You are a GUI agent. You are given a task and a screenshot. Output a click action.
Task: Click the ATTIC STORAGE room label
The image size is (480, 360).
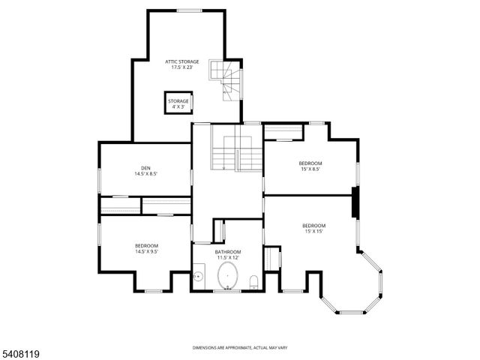[x=182, y=61]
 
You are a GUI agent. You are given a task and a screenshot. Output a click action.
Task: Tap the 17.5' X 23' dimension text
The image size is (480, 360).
[x=182, y=68]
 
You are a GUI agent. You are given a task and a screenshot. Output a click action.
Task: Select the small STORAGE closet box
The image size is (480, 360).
[x=178, y=103]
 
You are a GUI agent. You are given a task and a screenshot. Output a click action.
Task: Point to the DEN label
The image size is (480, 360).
[x=145, y=167]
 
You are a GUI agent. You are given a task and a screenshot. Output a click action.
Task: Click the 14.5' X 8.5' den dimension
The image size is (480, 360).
[x=145, y=174]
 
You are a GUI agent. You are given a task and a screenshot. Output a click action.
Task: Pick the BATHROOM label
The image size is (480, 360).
[x=228, y=251]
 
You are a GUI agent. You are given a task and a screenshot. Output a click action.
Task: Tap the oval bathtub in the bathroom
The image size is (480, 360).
[x=227, y=277]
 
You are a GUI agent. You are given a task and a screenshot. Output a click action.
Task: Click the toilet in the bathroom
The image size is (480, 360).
[x=254, y=281]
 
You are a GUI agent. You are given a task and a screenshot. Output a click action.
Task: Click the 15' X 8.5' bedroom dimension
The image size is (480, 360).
[x=310, y=169]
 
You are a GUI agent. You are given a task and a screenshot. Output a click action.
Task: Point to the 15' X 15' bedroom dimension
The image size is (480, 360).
[x=313, y=232]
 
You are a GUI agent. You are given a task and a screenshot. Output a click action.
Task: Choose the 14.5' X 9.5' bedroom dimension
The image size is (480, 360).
[x=146, y=252]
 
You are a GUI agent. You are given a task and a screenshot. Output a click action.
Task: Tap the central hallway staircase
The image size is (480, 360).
[x=235, y=148]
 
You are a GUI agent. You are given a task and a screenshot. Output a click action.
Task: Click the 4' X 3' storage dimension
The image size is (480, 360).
[x=178, y=107]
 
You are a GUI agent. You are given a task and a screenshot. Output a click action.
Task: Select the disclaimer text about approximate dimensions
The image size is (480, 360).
[x=240, y=347]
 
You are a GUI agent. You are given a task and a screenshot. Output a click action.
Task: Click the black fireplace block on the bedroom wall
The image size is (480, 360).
[x=355, y=203]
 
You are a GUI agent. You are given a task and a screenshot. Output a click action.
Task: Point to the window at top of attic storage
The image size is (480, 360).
[x=189, y=10]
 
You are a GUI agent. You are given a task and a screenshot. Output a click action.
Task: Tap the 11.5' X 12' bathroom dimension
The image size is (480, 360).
[x=228, y=258]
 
